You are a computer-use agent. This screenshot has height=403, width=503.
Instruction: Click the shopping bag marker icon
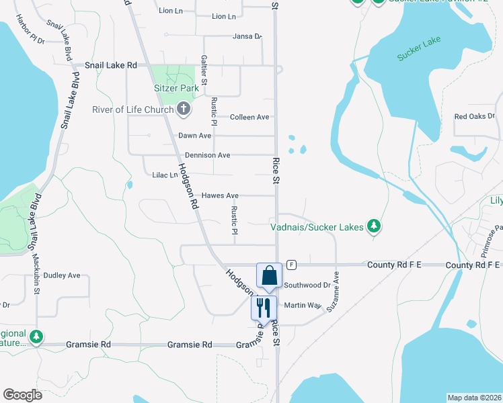269,276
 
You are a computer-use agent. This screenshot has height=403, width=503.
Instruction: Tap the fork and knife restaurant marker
264,308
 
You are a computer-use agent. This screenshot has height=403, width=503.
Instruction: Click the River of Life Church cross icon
184,109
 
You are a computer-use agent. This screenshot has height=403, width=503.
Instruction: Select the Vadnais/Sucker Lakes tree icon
375,227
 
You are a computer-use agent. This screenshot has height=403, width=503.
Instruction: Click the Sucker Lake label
418,49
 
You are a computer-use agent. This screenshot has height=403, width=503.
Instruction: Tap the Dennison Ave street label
208,155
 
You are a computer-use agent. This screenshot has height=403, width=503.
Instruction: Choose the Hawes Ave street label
220,195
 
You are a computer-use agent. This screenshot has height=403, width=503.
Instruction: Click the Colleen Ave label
249,117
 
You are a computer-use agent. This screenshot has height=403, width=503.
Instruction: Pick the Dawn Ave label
194,136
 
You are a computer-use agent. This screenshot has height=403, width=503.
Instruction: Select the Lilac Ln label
165,175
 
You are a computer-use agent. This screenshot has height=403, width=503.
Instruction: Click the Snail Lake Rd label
110,65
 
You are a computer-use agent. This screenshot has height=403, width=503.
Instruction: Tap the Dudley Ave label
61,275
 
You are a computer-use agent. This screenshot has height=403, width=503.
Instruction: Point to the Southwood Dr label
307,285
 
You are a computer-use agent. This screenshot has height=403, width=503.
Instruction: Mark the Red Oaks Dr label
474,116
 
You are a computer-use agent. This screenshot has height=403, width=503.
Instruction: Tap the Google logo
22,395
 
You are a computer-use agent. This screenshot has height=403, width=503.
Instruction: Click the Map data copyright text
475,398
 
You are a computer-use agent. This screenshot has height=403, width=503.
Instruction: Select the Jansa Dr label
246,36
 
